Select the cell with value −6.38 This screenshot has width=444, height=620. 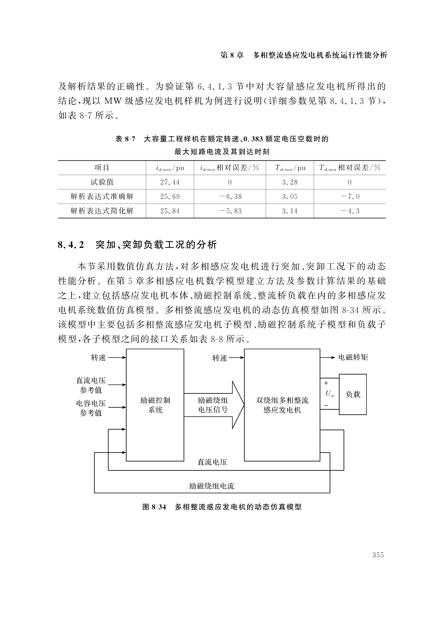point(230,196)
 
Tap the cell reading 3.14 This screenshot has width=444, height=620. point(290,211)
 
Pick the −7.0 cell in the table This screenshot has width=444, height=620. point(350,196)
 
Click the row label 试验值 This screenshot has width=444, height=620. point(102,182)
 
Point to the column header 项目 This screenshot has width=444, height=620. point(102,168)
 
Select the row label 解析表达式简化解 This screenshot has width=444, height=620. point(102,211)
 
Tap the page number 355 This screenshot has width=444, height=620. point(378,555)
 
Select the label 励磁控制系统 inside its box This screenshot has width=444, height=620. point(155,405)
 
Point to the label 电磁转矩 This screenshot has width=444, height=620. point(353,357)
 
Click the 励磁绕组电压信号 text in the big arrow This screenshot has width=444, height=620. point(213,405)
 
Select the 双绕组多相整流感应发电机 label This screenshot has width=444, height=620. point(282,405)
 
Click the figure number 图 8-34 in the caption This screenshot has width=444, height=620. point(154,507)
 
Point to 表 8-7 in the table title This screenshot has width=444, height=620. point(125,139)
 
